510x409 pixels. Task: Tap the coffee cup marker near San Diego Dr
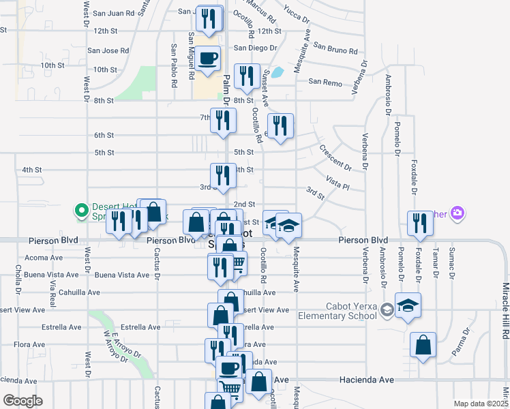pos(209,58)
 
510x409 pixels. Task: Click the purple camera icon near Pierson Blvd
pos(457,213)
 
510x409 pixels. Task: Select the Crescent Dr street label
pos(335,157)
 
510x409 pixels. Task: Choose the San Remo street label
pos(324,82)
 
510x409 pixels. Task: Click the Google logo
pos(22,401)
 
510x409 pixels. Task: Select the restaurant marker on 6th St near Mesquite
pos(280,126)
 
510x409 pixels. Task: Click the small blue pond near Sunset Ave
pos(277,72)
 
